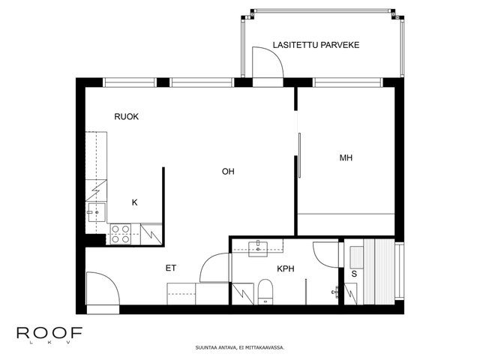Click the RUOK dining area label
click(x=127, y=117)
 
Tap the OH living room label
click(x=228, y=172)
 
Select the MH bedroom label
click(x=346, y=157)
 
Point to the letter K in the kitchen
click(x=135, y=202)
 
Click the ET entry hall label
click(x=171, y=268)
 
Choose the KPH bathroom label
click(x=286, y=268)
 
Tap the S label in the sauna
click(x=354, y=274)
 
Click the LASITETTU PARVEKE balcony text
click(x=316, y=45)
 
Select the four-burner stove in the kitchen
click(x=120, y=234)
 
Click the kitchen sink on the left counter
click(x=97, y=212)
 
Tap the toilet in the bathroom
click(x=265, y=292)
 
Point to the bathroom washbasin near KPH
click(x=258, y=249)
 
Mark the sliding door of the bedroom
click(x=299, y=155)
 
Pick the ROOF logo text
click(x=49, y=333)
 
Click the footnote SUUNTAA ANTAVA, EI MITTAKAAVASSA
click(x=240, y=348)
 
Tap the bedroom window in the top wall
click(x=348, y=82)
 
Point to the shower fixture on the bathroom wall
click(x=335, y=292)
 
